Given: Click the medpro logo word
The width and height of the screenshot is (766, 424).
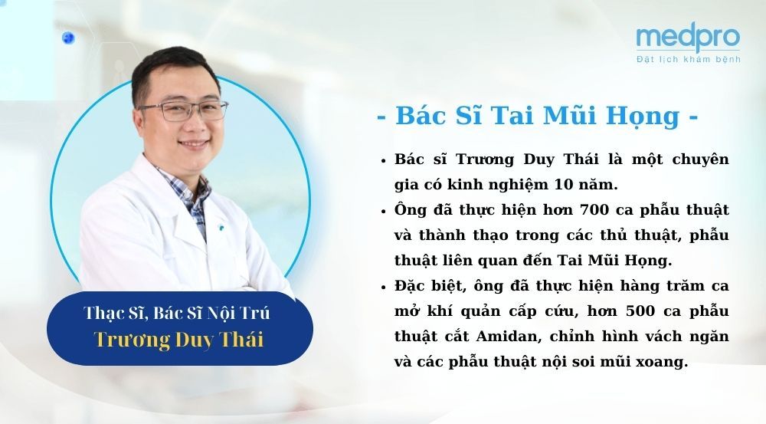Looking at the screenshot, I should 687,38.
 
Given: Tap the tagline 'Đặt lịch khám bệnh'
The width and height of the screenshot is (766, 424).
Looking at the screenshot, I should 688,60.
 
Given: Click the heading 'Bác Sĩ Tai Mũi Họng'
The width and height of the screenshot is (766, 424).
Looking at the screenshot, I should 538,117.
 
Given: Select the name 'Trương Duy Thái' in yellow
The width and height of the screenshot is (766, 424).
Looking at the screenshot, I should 179,339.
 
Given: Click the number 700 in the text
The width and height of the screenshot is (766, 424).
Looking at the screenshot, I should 595,209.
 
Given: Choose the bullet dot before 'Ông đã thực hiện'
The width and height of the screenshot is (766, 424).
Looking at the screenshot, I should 382,209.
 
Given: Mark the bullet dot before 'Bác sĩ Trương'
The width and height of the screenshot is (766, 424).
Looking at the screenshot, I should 382,160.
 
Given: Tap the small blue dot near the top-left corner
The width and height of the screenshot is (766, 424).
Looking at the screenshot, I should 68,37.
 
